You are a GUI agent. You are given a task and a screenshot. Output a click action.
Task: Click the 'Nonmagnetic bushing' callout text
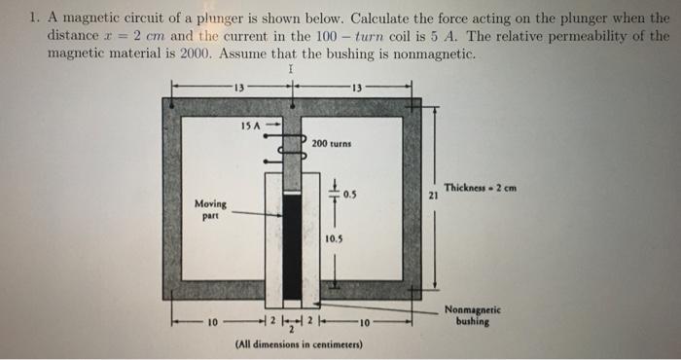[472, 316]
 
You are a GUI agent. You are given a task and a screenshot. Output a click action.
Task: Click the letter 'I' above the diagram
[290, 70]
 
